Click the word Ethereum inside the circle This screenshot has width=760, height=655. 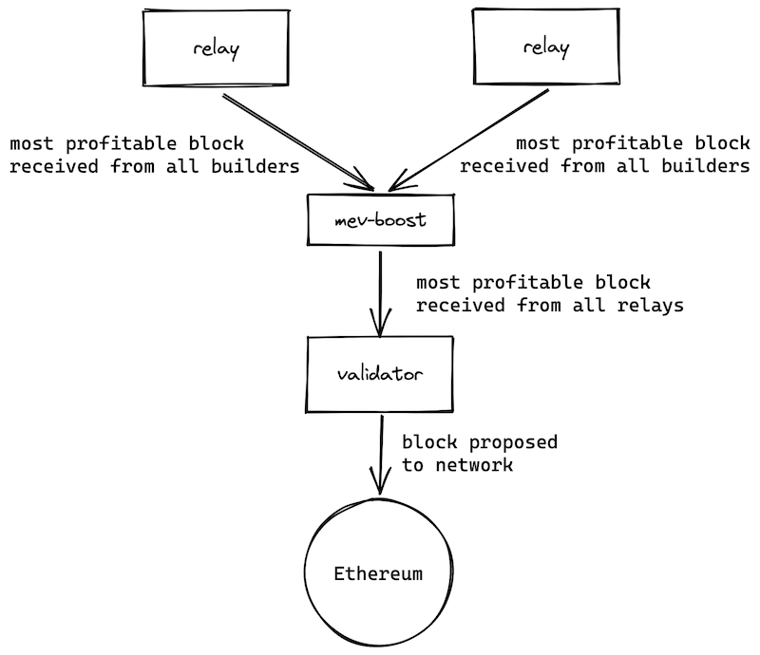378,574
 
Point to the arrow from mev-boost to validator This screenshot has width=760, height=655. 380,290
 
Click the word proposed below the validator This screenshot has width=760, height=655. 520,443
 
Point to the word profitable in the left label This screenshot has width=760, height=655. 143,144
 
